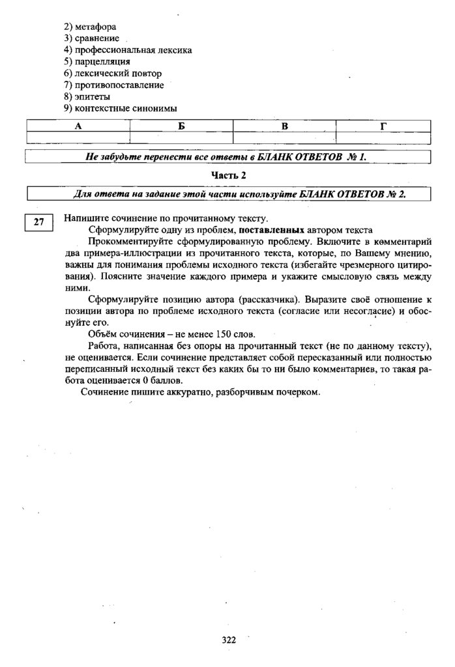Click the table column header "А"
pos(78,126)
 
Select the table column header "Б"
pos(181,126)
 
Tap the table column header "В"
pos(285,126)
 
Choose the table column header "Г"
pos(383,126)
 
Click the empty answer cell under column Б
pos(181,137)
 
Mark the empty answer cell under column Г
pos(383,137)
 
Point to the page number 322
pos(228,640)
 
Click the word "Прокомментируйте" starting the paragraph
pos(126,242)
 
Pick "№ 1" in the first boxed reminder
pos(357,157)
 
